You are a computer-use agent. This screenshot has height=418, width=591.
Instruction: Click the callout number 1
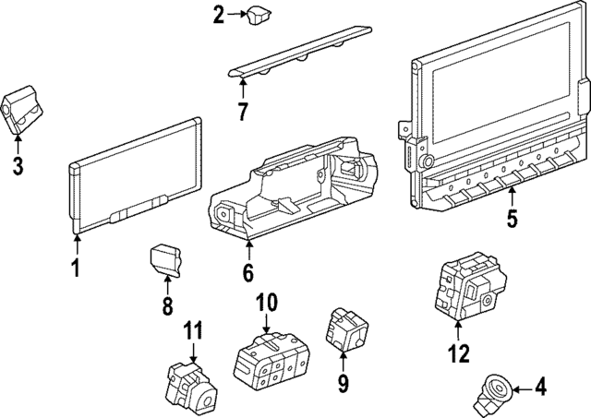click(x=76, y=269)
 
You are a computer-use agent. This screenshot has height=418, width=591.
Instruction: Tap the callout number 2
click(x=218, y=14)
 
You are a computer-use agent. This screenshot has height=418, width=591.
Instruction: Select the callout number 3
click(x=18, y=166)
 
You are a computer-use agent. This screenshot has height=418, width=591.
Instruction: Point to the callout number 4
click(x=541, y=388)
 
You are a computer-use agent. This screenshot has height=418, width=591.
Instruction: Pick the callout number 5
click(x=512, y=220)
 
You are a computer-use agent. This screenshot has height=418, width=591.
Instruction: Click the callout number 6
click(x=247, y=273)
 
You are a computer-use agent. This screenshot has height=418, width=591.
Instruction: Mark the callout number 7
click(x=242, y=113)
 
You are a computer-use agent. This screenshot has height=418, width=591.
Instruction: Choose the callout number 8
click(x=167, y=307)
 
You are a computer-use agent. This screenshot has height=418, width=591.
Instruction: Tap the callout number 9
click(x=342, y=380)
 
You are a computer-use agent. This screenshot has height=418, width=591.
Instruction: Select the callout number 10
click(x=266, y=302)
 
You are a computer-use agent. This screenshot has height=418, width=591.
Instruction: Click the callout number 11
click(x=192, y=330)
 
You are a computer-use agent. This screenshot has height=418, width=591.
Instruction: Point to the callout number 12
click(x=459, y=352)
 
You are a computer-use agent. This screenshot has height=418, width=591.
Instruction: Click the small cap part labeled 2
click(x=257, y=14)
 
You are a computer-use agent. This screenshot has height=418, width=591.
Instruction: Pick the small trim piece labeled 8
click(x=165, y=257)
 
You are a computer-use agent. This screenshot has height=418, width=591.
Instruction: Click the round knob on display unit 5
click(x=428, y=161)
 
